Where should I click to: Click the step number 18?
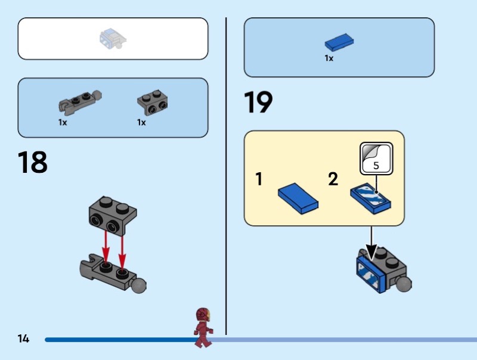coord(32,163)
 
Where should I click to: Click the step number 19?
coord(258,103)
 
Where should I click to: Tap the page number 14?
coord(23,339)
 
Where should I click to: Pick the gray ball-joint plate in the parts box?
coord(79,102)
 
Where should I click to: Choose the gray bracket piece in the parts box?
coord(152,103)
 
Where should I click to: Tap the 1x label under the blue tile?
coord(329,58)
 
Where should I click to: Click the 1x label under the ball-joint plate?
coord(63,122)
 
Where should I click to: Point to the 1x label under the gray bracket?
coord(141,122)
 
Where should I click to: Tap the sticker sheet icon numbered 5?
coord(376,159)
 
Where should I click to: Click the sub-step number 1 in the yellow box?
coord(259,179)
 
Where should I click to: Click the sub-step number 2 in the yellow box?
coord(333,179)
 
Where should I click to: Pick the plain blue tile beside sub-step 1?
coord(298,198)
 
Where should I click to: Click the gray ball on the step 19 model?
coord(404,283)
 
